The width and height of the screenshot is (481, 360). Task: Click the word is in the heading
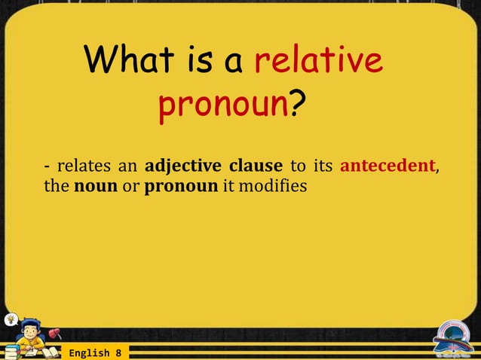pyautogui.click(x=203, y=61)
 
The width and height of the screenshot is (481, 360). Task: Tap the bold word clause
pyautogui.click(x=256, y=165)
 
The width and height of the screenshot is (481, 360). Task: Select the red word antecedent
pyautogui.click(x=388, y=165)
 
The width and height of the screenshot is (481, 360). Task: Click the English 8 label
pyautogui.click(x=95, y=352)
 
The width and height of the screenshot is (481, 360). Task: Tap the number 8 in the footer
pyautogui.click(x=118, y=352)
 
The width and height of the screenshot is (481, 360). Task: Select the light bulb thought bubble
pyautogui.click(x=10, y=317)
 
